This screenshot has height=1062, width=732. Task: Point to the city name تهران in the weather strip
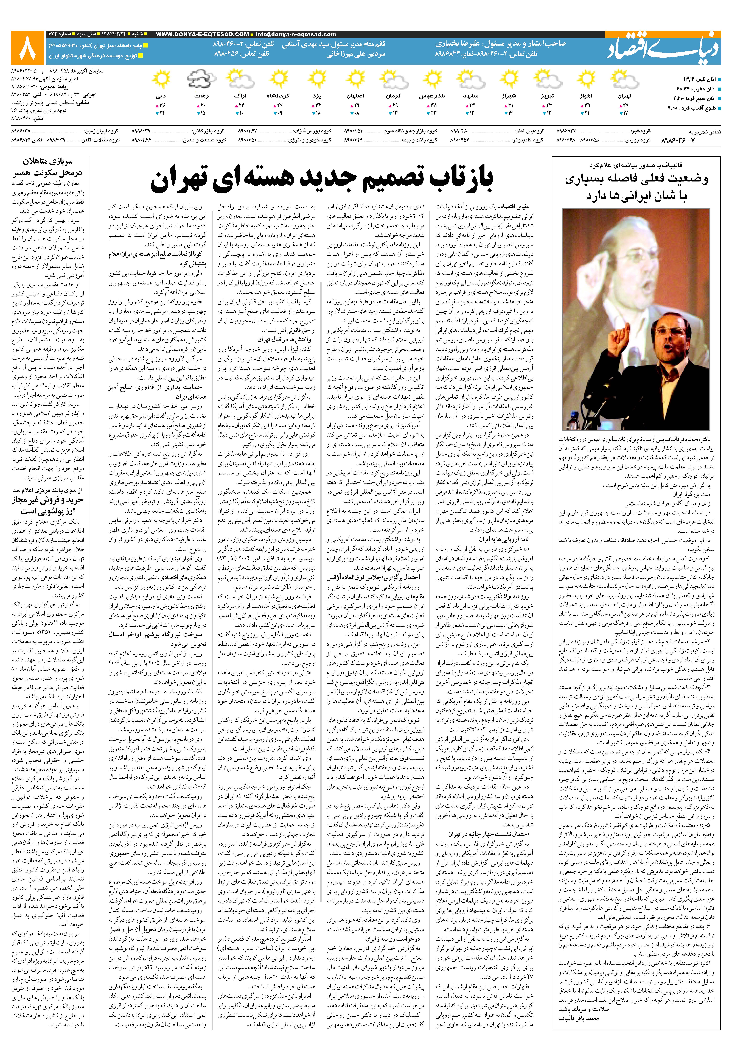pos(624,96)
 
